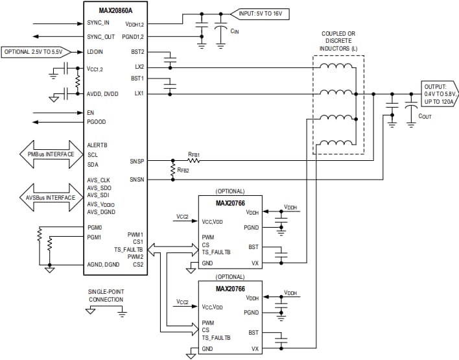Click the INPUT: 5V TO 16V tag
pyautogui.click(x=263, y=13)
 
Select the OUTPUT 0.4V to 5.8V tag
pyautogui.click(x=439, y=95)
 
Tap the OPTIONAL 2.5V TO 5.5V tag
pyautogui.click(x=34, y=51)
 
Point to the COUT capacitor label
pyautogui.click(x=426, y=116)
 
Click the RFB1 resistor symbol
pyautogui.click(x=193, y=161)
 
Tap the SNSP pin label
pyautogui.click(x=136, y=161)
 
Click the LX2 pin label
pyautogui.click(x=139, y=67)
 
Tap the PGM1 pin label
pyautogui.click(x=95, y=237)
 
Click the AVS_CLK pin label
pyautogui.click(x=100, y=180)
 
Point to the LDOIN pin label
pyautogui.click(x=95, y=51)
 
